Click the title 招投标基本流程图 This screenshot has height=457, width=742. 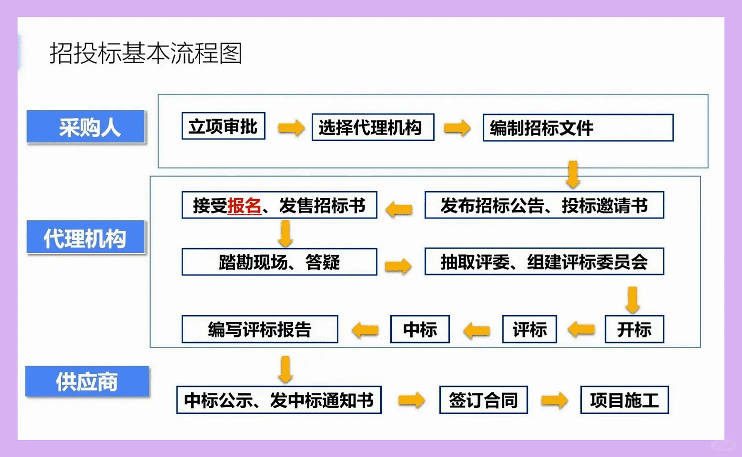(146, 53)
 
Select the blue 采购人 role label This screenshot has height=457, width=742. (86, 127)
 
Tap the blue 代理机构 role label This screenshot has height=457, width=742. (86, 237)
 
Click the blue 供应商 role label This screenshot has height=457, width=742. (87, 381)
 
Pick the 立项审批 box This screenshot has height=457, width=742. (223, 126)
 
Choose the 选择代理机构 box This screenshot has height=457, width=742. (373, 127)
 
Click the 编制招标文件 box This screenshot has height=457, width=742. (578, 128)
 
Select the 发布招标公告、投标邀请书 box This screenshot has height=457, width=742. (544, 205)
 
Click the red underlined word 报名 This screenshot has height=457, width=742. (244, 205)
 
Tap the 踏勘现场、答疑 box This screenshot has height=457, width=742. (279, 262)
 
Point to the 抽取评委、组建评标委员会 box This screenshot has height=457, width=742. (544, 261)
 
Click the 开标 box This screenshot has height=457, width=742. (634, 329)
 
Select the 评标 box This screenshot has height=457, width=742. (529, 329)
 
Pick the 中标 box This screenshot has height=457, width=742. (420, 329)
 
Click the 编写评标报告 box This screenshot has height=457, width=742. (260, 329)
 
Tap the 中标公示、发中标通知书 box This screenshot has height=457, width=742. (279, 400)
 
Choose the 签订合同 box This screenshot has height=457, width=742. (483, 400)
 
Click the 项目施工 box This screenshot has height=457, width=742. (624, 400)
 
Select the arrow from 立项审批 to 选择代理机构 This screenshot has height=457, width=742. (291, 127)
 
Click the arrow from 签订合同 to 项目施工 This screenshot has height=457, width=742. (554, 400)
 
